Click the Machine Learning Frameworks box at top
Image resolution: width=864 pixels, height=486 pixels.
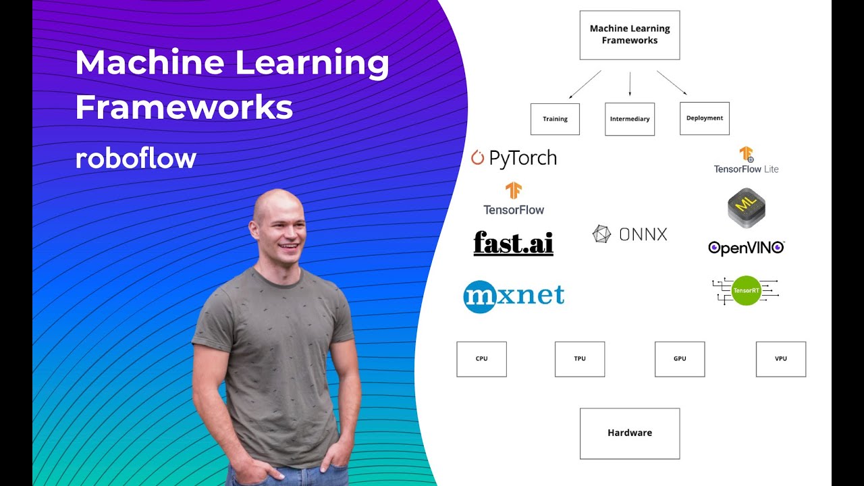(x=629, y=35)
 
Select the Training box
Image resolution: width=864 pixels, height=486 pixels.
(x=555, y=119)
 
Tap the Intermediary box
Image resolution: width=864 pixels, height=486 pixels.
(x=629, y=119)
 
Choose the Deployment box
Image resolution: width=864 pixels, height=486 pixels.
(x=704, y=118)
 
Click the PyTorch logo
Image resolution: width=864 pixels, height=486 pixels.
(x=514, y=158)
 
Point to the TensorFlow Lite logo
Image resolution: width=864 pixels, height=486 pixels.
(x=746, y=160)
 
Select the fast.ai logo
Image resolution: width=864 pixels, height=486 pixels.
(x=513, y=243)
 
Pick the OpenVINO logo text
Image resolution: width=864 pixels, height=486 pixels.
(x=746, y=248)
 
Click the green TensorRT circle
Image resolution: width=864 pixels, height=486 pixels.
(x=746, y=290)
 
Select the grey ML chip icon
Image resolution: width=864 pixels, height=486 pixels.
(x=746, y=207)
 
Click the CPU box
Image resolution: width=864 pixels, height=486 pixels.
(x=481, y=358)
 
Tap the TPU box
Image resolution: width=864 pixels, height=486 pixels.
(x=579, y=358)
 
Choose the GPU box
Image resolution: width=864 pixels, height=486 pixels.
(x=679, y=358)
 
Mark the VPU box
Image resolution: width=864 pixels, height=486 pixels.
(x=780, y=358)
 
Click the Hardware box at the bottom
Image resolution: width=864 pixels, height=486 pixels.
(x=629, y=433)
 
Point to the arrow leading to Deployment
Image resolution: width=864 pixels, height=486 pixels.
(x=672, y=82)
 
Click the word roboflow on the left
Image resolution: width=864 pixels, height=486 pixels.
(x=136, y=159)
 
